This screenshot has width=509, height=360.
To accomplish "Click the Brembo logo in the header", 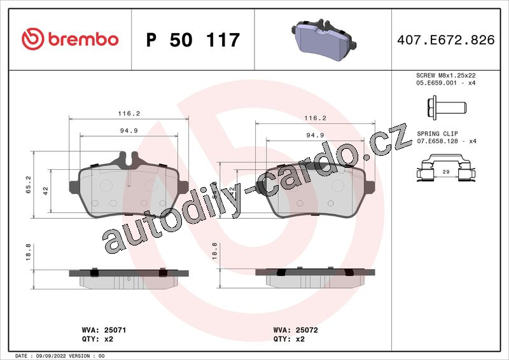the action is click(70, 39).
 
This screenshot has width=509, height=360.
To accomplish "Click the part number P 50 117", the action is click(193, 40).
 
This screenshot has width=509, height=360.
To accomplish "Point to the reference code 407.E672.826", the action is click(446, 40).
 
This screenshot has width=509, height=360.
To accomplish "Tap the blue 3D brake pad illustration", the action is click(324, 39).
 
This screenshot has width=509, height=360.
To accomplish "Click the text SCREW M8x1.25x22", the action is click(446, 75).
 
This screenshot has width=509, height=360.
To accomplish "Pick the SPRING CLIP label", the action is click(437, 134).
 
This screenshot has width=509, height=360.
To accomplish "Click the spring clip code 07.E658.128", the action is click(437, 141).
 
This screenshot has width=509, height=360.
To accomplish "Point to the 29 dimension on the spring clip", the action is click(446, 172).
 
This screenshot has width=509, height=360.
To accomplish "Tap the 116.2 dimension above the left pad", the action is click(129, 113).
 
